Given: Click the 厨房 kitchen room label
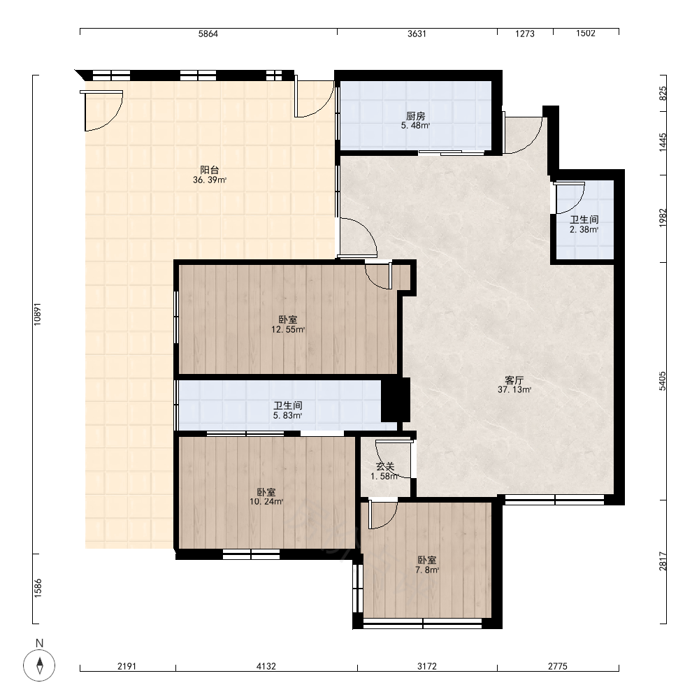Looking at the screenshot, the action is point(415,116).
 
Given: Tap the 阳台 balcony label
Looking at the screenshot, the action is point(210,170).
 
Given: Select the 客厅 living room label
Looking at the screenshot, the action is point(514,380).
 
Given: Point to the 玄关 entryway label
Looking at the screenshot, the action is point(385,467).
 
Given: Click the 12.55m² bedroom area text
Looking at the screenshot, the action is point(288,330).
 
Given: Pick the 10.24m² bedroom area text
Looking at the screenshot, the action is point(266,501).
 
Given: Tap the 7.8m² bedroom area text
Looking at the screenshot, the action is point(427,570).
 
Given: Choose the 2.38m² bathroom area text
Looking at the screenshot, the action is point(584,229).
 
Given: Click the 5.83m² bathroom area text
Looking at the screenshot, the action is point(287,415).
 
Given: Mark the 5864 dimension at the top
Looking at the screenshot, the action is point(208,34).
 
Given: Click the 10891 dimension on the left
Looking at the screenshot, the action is point(38,315).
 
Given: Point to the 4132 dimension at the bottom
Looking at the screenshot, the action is point(266,666).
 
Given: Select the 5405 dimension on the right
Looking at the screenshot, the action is point(663,381).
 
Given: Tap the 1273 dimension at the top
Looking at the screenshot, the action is point(525,34).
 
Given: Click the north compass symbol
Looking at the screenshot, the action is point(39,665).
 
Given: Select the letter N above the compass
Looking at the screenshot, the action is point(39,643).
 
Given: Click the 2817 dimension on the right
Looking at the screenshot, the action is point(663,561).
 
